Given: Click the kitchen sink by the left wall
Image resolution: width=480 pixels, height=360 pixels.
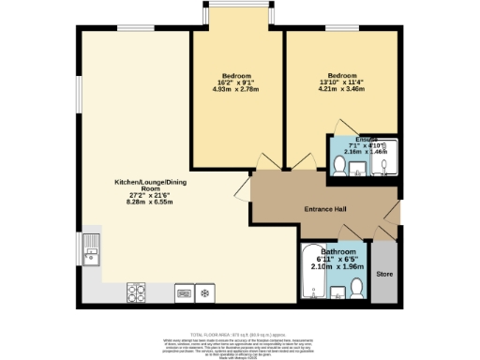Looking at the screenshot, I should [92, 252].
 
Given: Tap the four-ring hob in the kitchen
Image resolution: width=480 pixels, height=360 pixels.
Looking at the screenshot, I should [137, 292].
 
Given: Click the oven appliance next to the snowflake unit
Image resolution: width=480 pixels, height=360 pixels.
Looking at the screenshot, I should [182, 293].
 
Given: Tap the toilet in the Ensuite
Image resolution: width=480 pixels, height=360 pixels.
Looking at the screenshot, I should [339, 166].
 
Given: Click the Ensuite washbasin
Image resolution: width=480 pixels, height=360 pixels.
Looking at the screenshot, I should [359, 169].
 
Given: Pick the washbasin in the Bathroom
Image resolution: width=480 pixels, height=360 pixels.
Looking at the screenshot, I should [333, 293].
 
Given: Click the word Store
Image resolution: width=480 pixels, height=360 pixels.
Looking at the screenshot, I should [383, 275].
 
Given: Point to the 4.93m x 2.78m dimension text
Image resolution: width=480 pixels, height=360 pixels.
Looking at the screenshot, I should [236, 89].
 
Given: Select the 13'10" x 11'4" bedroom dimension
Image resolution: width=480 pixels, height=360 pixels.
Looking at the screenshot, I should [342, 82].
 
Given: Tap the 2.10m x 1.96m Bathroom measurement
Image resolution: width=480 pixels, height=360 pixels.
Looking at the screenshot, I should [337, 266].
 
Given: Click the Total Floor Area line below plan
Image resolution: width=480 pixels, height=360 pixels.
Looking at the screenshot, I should [240, 333].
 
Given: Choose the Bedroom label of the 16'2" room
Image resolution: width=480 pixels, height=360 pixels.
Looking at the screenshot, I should [236, 75].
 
